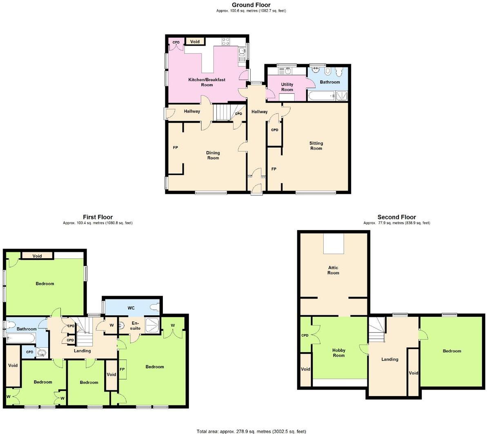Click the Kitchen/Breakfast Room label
point(207,82)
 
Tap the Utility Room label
point(287,87)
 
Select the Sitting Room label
point(316,146)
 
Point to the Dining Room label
point(213,155)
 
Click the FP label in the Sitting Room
point(274,169)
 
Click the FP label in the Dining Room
point(175,148)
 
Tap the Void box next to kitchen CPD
point(195,42)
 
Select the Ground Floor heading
point(251,5)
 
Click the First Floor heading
point(98,217)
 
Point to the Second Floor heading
point(396,217)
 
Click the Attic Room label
point(333,270)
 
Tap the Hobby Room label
point(338,353)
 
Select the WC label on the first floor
point(131,308)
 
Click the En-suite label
point(135,325)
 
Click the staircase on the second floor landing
point(377,330)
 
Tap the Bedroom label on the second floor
point(452,351)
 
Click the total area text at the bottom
point(251,431)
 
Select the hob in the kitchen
point(225,42)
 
